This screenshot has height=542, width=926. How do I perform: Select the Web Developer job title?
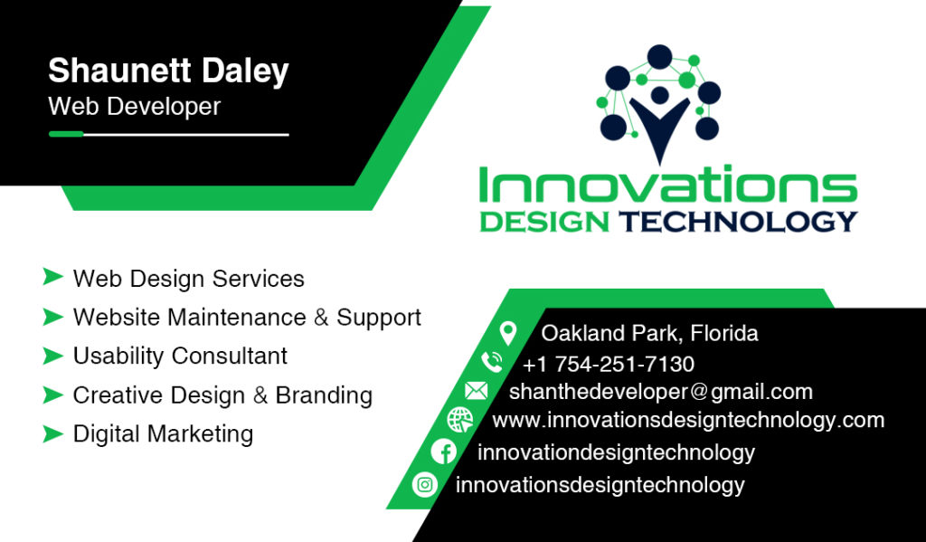pos(134,107)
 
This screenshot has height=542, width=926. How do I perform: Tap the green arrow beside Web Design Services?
pos(52,277)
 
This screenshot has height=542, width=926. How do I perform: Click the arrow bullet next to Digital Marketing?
pos(52,433)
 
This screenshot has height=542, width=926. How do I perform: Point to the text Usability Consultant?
pos(180,356)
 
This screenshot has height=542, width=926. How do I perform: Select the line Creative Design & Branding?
pos(222,395)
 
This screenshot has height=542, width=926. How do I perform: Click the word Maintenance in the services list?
pos(237,318)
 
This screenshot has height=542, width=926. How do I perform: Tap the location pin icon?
pos(508,333)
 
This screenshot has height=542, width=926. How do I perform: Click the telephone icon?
pos(491,362)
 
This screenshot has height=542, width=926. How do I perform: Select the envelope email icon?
pos(476,391)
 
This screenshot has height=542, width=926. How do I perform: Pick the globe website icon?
pos(460,420)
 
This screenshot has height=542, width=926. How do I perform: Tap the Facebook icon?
pos(443,452)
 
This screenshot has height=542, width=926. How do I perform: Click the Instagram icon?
pos(425,485)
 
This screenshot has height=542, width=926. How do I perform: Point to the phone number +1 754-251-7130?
pos(609,364)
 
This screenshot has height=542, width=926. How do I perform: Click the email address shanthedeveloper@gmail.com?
pos(661,392)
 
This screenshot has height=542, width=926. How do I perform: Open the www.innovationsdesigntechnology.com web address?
pos(688,420)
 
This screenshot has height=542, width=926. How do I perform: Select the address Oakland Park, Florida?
pos(649,333)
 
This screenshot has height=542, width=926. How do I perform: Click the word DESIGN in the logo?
pos(544,222)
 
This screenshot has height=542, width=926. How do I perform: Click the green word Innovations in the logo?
pos(668,185)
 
